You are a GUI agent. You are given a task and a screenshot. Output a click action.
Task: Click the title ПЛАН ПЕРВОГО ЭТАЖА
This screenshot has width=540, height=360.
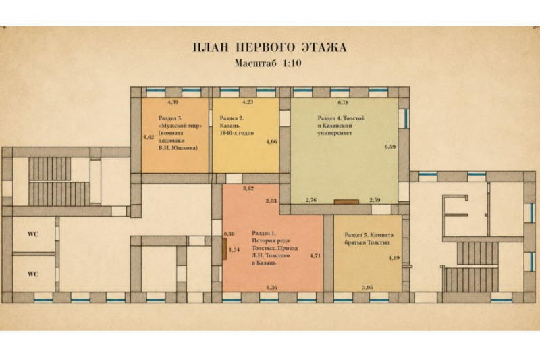269,47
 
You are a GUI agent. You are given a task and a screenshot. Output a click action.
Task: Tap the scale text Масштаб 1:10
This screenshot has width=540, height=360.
268,63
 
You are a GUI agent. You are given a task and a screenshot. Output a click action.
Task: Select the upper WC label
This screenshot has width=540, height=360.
33,234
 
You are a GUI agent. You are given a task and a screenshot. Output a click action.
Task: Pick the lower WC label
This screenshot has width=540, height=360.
33,274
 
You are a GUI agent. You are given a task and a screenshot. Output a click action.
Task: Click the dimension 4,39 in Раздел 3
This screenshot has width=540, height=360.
173,102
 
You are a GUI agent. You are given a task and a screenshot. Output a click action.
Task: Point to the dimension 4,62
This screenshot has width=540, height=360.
148,137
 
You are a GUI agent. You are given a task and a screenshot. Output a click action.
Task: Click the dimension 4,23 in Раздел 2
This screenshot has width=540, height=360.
248,102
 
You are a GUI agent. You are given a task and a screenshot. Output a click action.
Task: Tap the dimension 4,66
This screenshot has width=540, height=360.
272,142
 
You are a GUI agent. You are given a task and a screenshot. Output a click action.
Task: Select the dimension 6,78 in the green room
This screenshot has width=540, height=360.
344,102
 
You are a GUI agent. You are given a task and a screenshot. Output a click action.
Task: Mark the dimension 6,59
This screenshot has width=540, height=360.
390,147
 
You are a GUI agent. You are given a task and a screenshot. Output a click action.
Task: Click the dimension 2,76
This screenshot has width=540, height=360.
311,200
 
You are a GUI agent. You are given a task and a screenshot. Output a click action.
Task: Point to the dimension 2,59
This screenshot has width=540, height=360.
375,200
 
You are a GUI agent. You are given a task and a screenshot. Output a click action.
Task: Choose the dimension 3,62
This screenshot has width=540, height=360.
248,188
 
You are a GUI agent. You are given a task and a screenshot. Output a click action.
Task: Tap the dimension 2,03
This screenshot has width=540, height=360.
271,201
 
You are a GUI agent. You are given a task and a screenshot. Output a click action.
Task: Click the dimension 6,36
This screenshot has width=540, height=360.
272,288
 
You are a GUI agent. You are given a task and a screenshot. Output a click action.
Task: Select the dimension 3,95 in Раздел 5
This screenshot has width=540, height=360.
367,288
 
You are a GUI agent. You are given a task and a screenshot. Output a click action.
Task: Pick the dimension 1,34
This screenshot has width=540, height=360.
234,249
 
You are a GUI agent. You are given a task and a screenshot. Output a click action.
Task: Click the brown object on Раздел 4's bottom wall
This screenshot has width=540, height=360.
346,202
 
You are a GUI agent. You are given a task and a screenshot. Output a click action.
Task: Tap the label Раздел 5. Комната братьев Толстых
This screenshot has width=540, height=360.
369,238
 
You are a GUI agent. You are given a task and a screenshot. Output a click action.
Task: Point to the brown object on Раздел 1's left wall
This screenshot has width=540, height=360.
224,249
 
